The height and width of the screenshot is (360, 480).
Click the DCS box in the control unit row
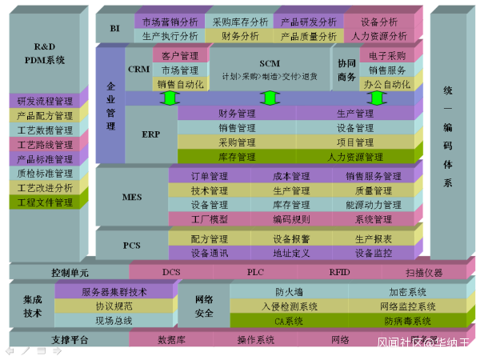click(171, 272)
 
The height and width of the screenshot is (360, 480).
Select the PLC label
click(255, 272)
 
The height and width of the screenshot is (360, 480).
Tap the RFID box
click(340, 272)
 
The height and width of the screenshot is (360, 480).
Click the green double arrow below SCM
click(270, 98)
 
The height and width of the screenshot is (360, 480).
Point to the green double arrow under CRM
click(168, 98)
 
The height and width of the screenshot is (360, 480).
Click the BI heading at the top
click(114, 28)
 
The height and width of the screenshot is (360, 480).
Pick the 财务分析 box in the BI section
click(240, 36)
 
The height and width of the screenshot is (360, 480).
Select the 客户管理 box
click(180, 56)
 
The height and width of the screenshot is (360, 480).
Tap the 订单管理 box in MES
click(210, 176)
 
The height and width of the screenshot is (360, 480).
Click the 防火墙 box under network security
click(289, 292)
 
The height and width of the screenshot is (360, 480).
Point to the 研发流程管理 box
click(45, 102)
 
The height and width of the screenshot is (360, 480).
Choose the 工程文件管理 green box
click(45, 202)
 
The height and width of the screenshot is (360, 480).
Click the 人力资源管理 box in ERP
click(356, 157)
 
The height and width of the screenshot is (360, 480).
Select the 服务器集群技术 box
click(114, 292)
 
